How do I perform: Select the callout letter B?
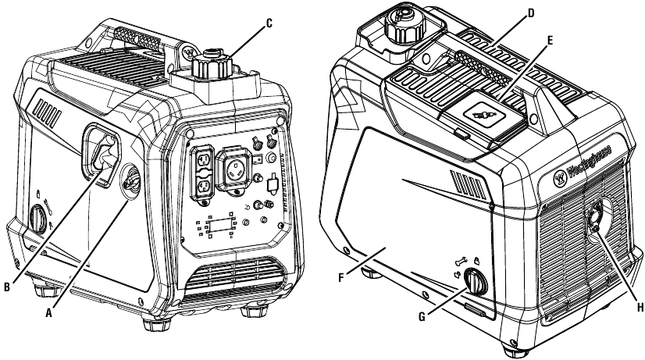click(10, 287)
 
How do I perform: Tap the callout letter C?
click(269, 23)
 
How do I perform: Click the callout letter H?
click(638, 308)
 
